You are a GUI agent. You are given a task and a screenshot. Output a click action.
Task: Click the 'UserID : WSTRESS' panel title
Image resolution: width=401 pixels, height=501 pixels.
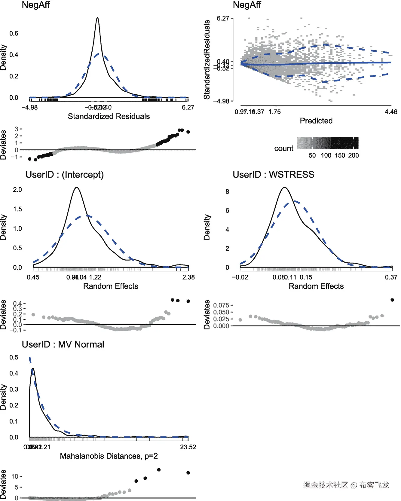coord(273,175)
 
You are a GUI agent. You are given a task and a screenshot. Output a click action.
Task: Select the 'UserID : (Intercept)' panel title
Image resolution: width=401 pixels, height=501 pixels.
coord(64,175)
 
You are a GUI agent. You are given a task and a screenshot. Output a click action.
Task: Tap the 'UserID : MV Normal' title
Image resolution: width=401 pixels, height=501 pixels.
coord(63,344)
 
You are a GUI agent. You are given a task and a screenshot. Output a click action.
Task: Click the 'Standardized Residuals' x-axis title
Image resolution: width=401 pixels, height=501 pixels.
coord(109,116)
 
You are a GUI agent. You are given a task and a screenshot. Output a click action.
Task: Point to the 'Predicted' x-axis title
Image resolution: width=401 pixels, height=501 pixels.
coord(316,121)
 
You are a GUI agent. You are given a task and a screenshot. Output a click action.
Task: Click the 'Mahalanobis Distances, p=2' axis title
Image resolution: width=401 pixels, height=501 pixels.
coord(109,456)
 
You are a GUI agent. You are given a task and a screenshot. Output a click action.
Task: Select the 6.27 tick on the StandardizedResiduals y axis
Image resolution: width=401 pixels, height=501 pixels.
coord(223,19)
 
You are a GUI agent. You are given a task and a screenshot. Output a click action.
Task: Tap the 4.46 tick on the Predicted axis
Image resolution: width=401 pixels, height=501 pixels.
coord(391,112)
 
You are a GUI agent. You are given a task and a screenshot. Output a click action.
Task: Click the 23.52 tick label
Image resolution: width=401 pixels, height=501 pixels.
coord(188,447)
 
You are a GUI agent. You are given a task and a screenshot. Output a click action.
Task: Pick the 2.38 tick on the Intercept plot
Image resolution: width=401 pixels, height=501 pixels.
coord(188,277)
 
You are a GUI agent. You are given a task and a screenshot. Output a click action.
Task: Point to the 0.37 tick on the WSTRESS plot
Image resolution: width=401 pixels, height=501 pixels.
coord(391,277)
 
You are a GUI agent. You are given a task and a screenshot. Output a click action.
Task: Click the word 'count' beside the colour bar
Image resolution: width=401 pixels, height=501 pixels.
coord(283,148)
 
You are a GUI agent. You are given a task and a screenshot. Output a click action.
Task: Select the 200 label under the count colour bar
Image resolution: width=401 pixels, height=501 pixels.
coord(354,155)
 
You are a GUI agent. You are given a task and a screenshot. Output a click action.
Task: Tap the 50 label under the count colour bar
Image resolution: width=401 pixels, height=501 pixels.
coord(312,155)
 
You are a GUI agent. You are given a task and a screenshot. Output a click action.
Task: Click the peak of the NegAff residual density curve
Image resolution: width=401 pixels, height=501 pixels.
coord(97,18)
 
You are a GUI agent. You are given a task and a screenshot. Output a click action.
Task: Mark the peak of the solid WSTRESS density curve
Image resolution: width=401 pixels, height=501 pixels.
coord(285,188)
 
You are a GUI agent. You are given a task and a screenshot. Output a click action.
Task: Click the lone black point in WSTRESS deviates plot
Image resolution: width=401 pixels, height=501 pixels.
coord(392,300)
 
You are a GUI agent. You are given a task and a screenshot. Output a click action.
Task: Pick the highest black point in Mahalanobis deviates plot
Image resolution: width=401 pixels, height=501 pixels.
coord(159,470)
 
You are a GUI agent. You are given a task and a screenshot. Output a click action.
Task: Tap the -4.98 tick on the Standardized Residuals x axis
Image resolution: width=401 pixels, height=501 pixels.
coord(30,107)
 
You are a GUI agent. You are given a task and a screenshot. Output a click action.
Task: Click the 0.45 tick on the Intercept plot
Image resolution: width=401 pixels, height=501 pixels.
coord(33,277)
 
